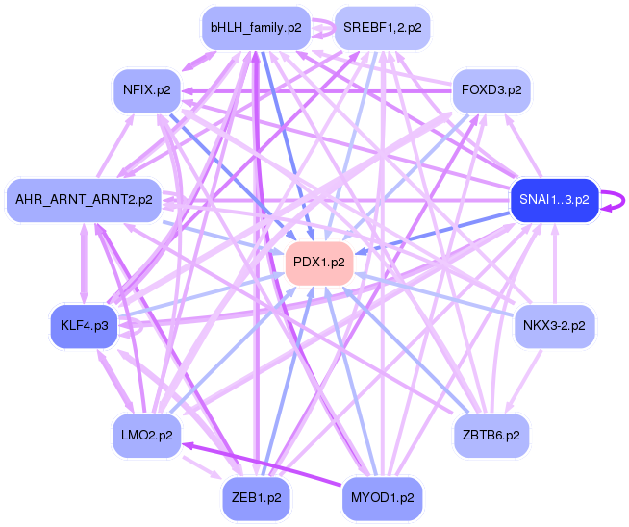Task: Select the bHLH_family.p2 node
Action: tap(255, 28)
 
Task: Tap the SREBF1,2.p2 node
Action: tap(381, 28)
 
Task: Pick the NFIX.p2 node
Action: tap(146, 89)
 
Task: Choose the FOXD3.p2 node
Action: tap(491, 89)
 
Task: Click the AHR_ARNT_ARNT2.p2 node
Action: tap(84, 199)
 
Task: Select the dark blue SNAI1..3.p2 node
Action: tap(554, 199)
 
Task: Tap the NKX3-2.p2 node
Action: tap(555, 325)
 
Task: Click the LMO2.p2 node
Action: tap(146, 435)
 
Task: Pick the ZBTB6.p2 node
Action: tap(491, 435)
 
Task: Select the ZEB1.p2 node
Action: tap(255, 497)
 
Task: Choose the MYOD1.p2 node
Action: tap(381, 497)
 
